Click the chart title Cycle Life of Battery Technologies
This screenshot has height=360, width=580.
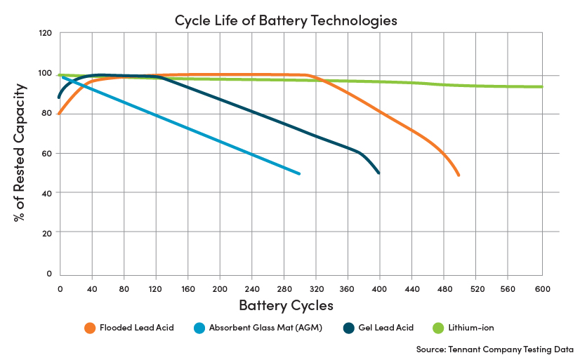[x=286, y=20]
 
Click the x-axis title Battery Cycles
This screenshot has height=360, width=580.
[x=286, y=305]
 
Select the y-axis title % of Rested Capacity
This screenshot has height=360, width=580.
[x=20, y=152]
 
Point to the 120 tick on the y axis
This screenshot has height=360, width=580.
[x=46, y=33]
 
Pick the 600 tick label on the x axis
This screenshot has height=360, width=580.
[x=542, y=288]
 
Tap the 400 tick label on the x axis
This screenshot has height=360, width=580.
[x=380, y=288]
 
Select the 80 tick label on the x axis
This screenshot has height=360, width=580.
[x=124, y=288]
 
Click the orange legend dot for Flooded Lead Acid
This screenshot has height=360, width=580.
[x=89, y=328]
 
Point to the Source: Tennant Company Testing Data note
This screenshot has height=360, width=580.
[x=495, y=349]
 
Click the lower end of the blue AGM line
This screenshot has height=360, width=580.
[x=300, y=173]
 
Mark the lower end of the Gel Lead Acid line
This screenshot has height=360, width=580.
[x=379, y=173]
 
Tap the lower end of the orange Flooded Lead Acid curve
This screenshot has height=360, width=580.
[x=459, y=175]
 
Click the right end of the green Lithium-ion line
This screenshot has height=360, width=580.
[x=542, y=87]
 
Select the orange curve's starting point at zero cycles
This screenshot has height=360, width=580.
[x=60, y=113]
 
